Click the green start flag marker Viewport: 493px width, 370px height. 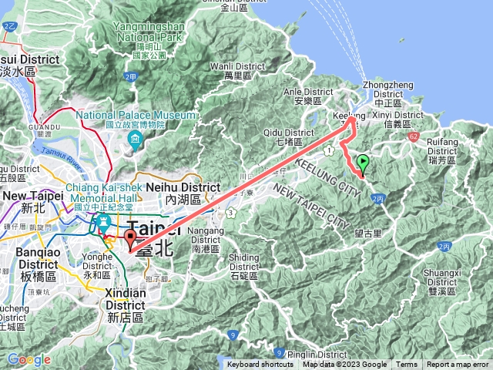(x=363, y=163)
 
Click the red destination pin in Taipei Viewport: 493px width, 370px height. (x=130, y=239)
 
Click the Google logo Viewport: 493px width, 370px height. (x=29, y=359)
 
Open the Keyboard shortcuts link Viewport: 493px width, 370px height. (x=260, y=365)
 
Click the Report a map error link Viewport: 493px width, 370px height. (x=458, y=365)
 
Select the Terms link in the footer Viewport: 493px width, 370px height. (x=407, y=365)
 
